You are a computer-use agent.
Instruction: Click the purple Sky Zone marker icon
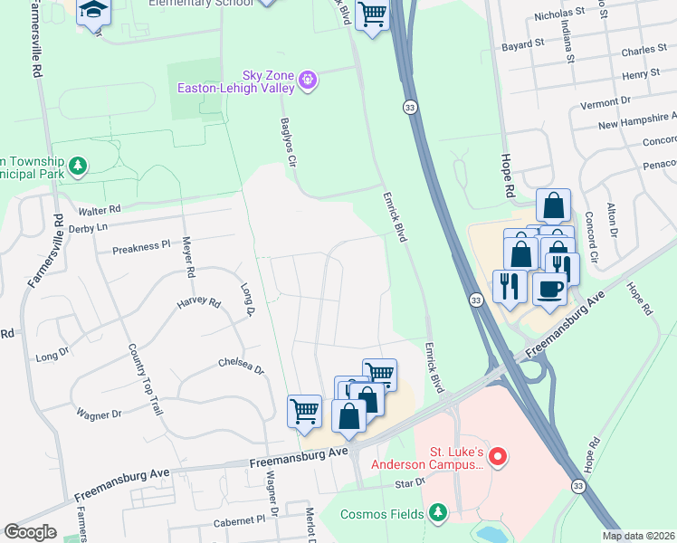[x=309, y=81]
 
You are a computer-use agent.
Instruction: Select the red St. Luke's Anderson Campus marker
[x=496, y=459]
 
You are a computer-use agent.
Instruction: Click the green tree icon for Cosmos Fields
[x=439, y=514]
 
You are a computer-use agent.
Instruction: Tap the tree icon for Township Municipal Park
[x=80, y=165]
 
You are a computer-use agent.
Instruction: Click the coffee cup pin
[x=551, y=290]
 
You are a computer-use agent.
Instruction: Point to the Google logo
[x=30, y=532]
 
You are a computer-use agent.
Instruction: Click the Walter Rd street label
[x=99, y=209]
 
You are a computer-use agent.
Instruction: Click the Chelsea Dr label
[x=240, y=369]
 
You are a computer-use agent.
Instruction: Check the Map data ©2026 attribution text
[x=638, y=536]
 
